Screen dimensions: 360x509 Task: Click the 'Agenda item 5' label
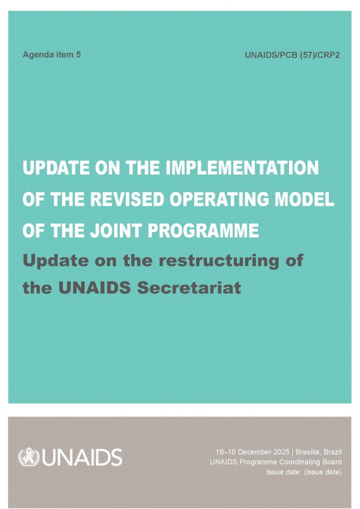[x=52, y=54]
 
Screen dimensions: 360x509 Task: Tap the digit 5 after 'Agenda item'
[x=78, y=54]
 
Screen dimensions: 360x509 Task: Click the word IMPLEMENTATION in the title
[x=242, y=168]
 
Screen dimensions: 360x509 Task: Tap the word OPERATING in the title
[x=220, y=199]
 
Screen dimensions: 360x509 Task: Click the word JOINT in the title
[x=116, y=231]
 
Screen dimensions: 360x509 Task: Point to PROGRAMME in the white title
[x=203, y=231]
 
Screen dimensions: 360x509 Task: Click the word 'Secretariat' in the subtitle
[x=189, y=288]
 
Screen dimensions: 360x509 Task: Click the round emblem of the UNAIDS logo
[x=28, y=457]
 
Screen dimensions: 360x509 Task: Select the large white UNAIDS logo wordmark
[x=82, y=457]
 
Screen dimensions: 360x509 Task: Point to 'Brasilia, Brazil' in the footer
[x=319, y=452]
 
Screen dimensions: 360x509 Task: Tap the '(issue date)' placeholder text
[x=323, y=472]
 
